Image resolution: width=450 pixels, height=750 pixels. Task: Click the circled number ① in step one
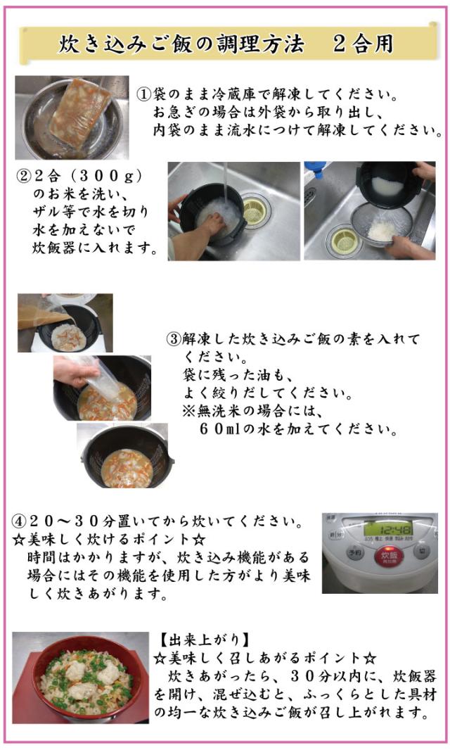click(143, 94)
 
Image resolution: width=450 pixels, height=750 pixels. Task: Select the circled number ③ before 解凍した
click(174, 339)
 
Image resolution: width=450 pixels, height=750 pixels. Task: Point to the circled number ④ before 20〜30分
click(20, 523)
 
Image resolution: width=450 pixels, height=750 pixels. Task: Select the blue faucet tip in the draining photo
click(316, 170)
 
